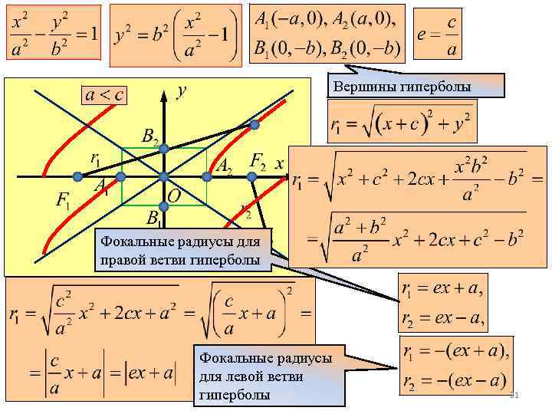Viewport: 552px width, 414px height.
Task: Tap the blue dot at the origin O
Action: (163, 177)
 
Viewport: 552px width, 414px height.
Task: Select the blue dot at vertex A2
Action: (207, 177)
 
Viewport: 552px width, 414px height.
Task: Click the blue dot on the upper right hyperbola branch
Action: (254, 124)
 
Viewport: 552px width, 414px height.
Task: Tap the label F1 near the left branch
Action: (64, 201)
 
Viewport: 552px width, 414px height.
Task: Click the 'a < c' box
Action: (104, 95)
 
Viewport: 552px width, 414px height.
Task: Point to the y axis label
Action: (182, 90)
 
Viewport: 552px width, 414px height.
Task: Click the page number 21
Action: (515, 395)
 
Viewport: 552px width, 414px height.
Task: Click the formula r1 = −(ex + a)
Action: (453, 352)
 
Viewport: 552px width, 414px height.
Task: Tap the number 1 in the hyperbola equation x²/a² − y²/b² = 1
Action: (93, 34)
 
